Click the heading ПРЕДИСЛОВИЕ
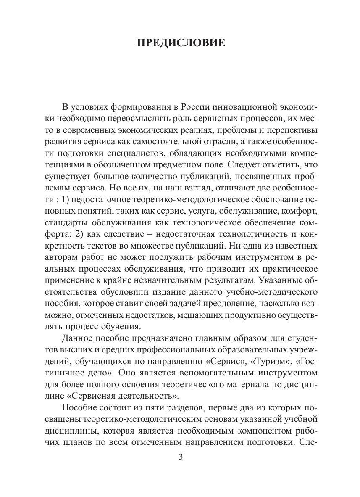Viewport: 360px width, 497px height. tap(181, 43)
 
